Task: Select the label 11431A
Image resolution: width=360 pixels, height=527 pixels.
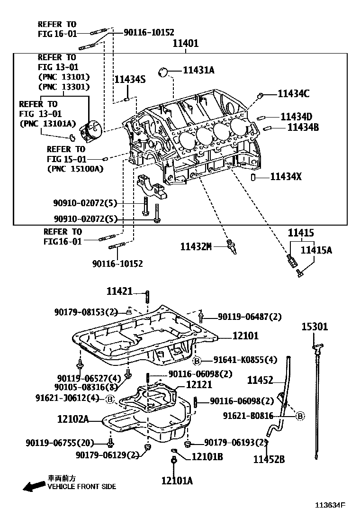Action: tap(199, 70)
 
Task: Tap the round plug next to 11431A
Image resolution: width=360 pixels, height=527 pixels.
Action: tap(165, 72)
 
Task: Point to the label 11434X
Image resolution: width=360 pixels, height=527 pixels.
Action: tap(286, 177)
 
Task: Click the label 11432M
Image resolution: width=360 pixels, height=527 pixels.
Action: tap(195, 246)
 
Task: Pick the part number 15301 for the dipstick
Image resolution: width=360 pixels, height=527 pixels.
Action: tap(315, 327)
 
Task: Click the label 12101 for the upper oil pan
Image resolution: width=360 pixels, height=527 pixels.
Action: tap(245, 336)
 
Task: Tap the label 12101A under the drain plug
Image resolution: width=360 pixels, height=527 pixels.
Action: tap(177, 481)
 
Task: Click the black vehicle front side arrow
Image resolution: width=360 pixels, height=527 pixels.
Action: tap(33, 486)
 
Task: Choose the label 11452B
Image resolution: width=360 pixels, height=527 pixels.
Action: tap(269, 459)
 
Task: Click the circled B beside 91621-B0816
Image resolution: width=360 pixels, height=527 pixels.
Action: tap(300, 416)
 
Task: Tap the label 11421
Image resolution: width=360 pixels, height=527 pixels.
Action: tap(119, 291)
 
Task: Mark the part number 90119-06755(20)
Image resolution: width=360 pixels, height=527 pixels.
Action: tap(60, 443)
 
